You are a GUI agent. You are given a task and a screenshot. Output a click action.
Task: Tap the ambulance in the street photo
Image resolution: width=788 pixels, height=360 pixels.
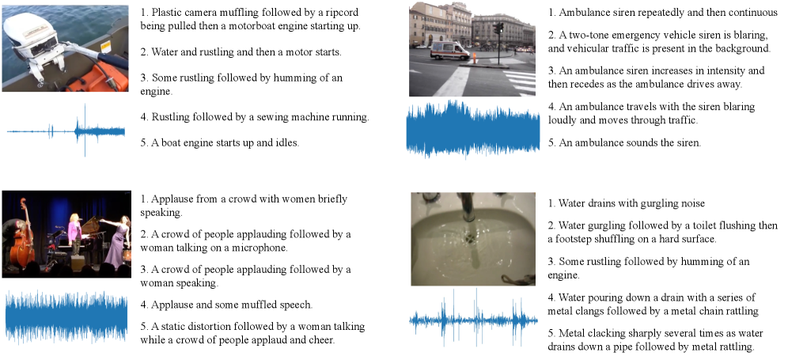pyautogui.click(x=449, y=51)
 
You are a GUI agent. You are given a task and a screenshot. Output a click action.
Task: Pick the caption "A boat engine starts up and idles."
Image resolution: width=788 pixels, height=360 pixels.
pyautogui.click(x=220, y=142)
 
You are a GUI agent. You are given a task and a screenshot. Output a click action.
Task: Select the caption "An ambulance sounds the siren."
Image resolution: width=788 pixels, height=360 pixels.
pyautogui.click(x=624, y=142)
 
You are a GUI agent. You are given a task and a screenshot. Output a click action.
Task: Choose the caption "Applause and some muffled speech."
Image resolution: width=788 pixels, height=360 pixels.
pyautogui.click(x=226, y=305)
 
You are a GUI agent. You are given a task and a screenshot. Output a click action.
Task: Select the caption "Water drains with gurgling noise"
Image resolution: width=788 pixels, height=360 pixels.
pyautogui.click(x=627, y=203)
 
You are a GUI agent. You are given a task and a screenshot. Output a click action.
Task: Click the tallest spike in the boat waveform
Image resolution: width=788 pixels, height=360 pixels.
pyautogui.click(x=85, y=130)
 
